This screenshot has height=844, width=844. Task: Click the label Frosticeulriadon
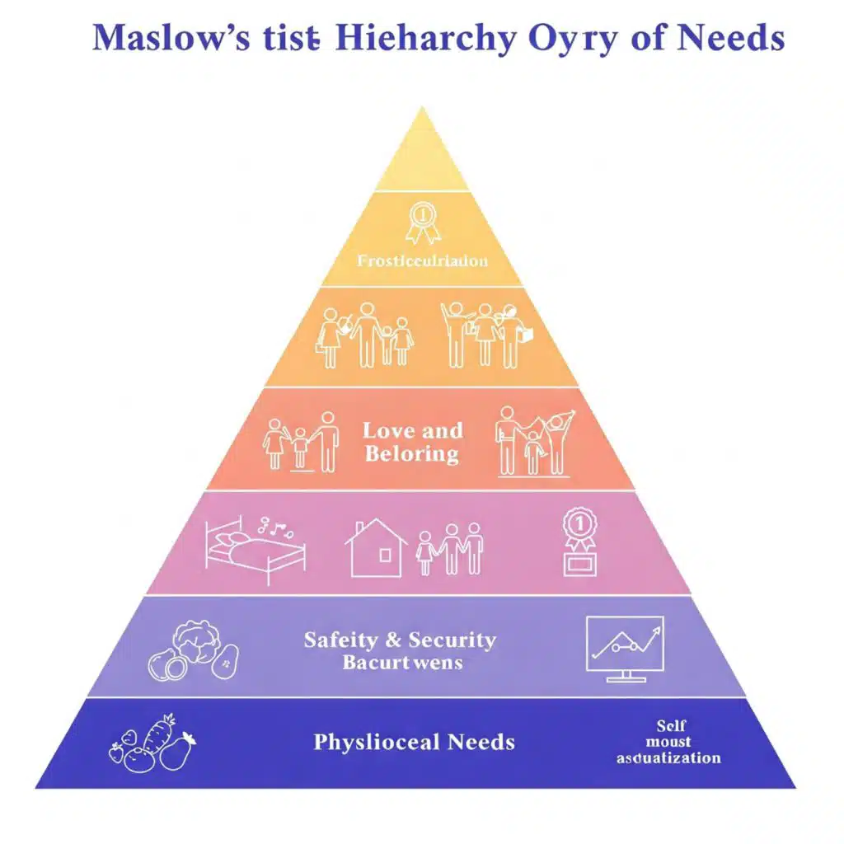(x=422, y=260)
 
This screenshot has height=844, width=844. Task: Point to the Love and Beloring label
(x=413, y=442)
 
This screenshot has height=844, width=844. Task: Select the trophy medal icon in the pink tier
(x=579, y=542)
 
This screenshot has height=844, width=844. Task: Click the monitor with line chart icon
(x=625, y=648)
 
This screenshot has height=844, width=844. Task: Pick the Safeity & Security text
(x=400, y=640)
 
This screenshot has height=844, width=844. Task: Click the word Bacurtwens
(x=402, y=662)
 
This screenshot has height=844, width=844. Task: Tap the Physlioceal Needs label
(x=414, y=742)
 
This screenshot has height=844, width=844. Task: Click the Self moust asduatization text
(x=668, y=742)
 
